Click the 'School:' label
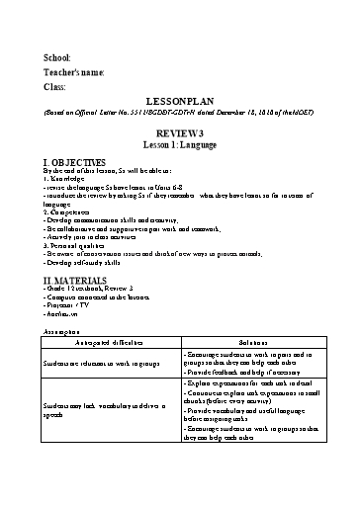pyautogui.click(x=57, y=59)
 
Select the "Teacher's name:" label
pyautogui.click(x=73, y=73)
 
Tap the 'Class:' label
pyautogui.click(x=54, y=87)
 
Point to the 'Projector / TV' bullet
pyautogui.click(x=73, y=315)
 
